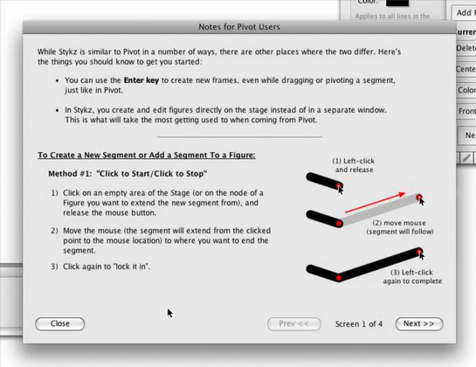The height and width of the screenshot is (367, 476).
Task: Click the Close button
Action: pos(60,324)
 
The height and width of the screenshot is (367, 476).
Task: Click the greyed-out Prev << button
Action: pos(294,324)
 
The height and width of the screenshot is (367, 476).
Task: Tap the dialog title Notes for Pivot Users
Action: pos(239,27)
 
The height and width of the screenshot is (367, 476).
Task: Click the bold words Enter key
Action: pos(141,80)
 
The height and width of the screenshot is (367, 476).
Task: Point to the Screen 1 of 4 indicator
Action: pos(359,324)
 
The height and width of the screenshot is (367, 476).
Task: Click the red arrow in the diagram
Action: pos(375,202)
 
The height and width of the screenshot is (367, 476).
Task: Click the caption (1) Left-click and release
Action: pos(354,165)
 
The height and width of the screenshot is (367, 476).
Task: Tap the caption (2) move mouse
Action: pos(400,227)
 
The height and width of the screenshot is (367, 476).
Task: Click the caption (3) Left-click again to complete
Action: pos(412,277)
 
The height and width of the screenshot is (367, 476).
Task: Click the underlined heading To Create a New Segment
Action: pos(147,155)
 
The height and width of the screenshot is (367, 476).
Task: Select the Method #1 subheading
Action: pos(127,174)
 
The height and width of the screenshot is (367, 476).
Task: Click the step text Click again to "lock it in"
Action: pos(106,267)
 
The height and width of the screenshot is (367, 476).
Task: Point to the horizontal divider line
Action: pos(239,137)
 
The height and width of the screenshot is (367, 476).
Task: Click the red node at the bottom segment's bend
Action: pos(338,277)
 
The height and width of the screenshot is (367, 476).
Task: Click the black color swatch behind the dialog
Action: pos(398,3)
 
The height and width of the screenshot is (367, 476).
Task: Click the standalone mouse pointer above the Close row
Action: pos(170,313)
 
